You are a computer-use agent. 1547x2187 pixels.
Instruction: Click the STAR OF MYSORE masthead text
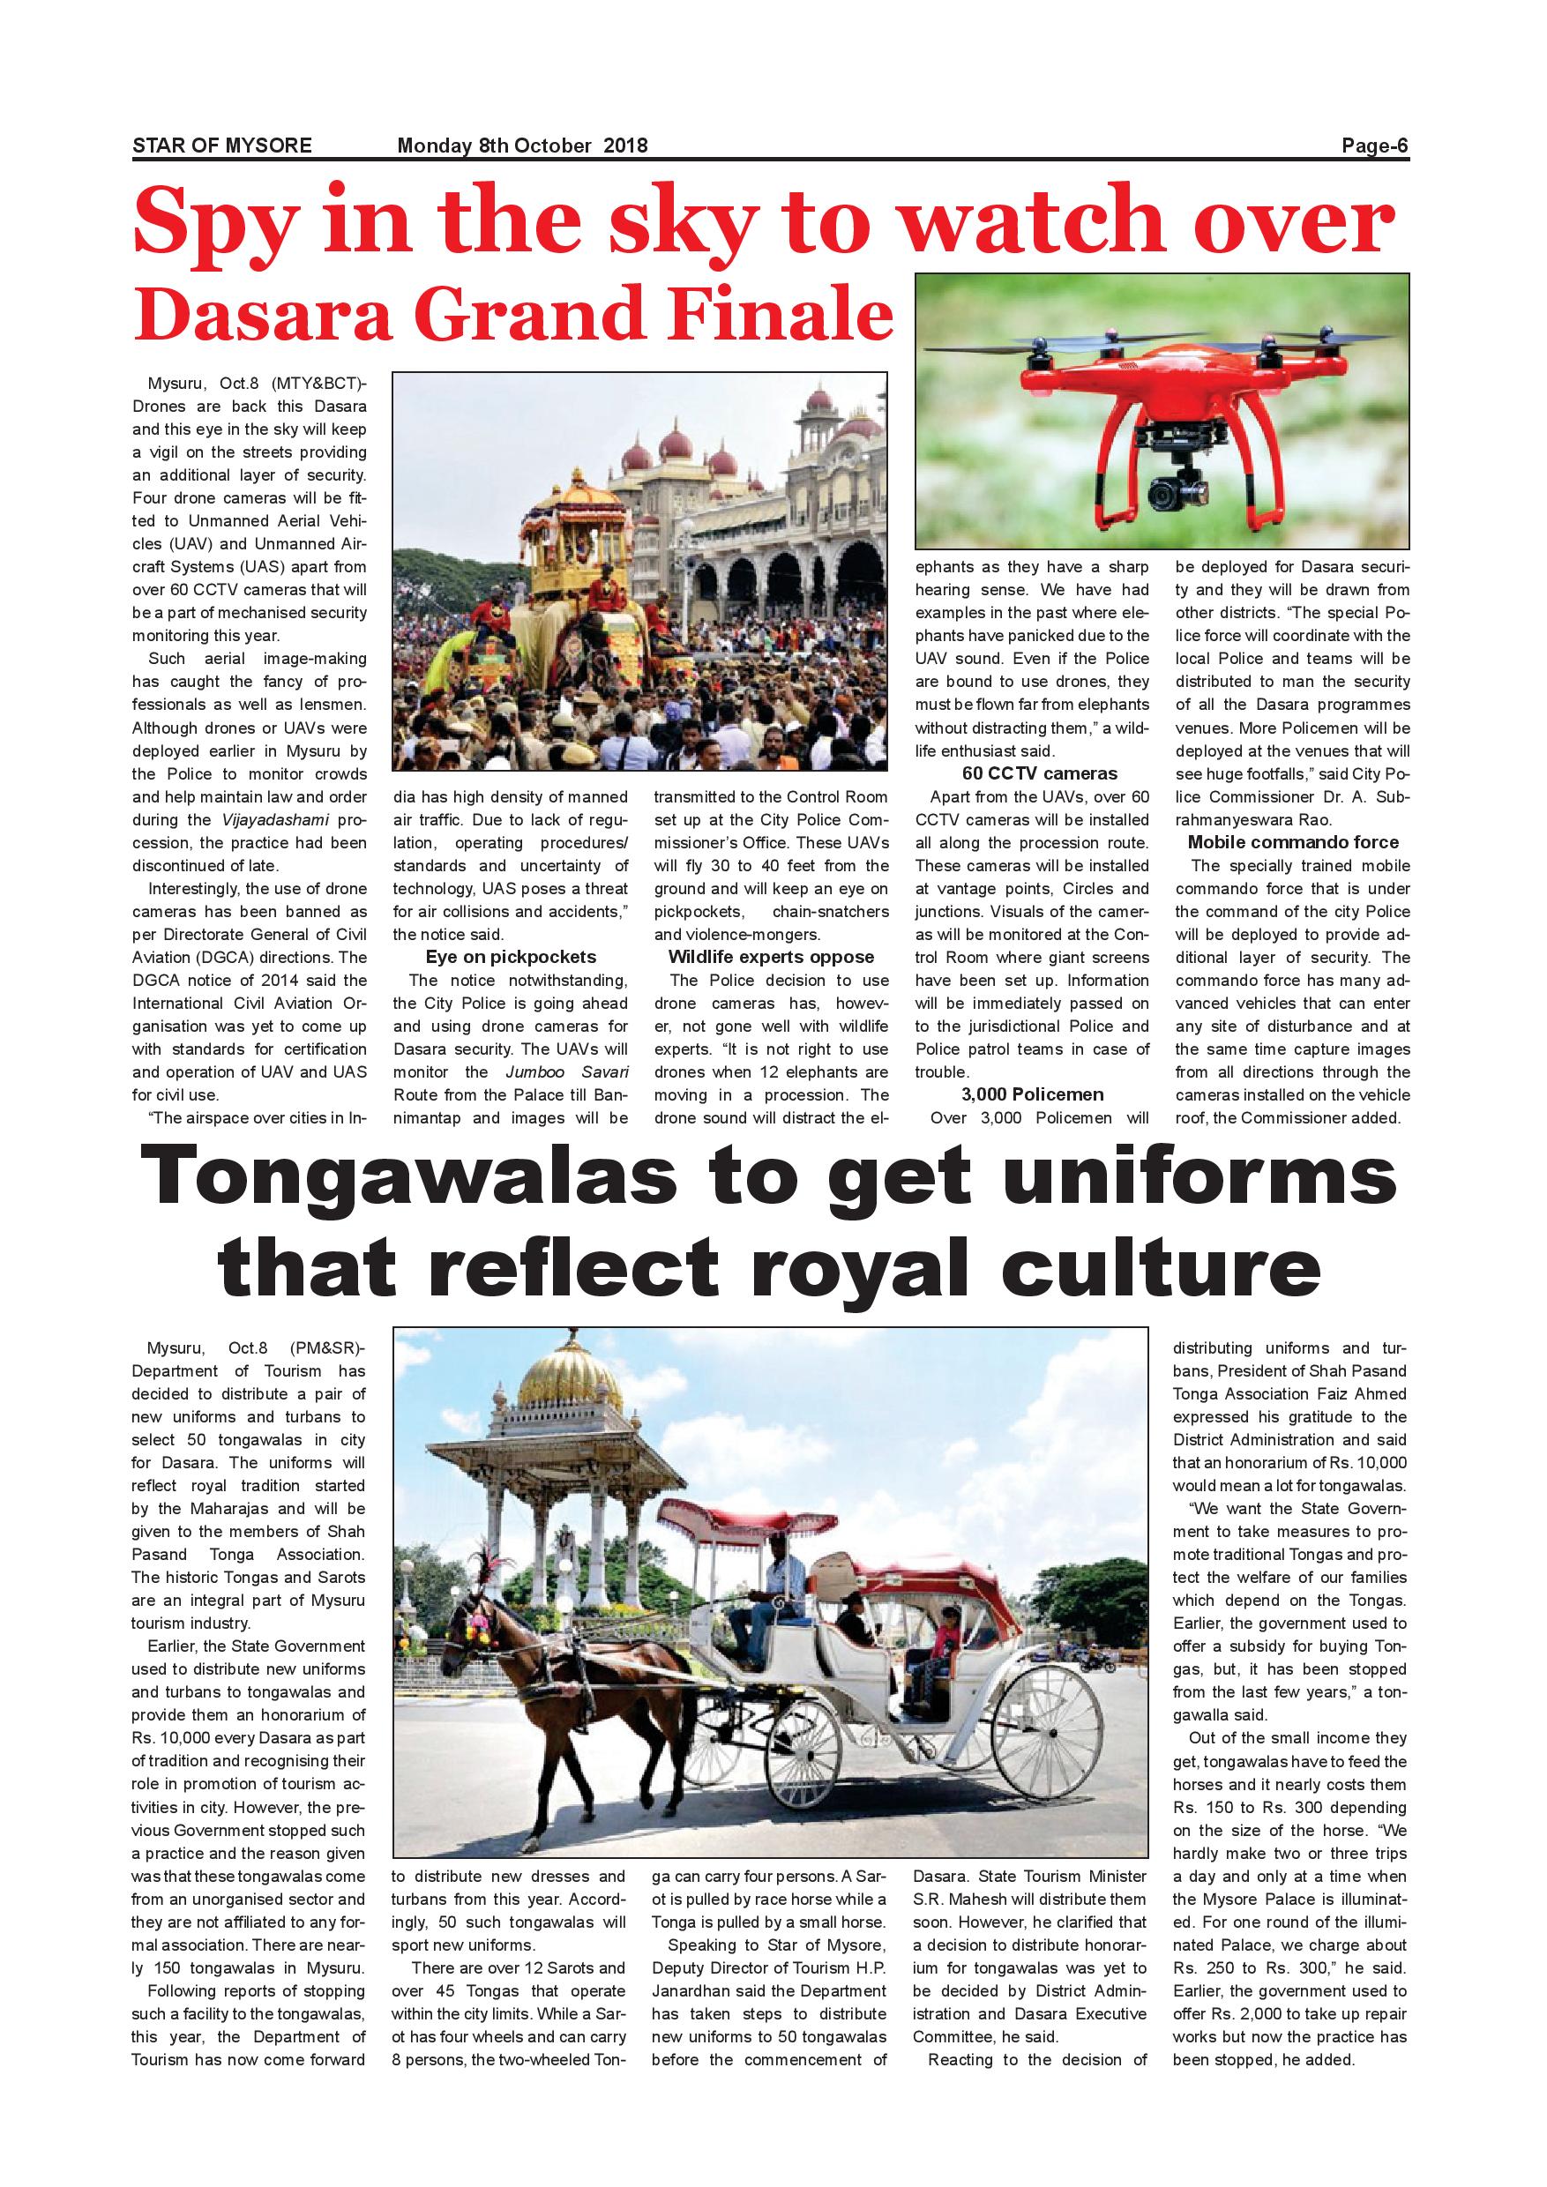[222, 146]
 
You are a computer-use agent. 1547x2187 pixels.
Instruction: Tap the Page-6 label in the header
[1375, 146]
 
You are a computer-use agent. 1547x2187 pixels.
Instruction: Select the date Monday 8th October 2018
[522, 146]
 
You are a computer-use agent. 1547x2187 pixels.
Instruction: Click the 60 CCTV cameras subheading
[1039, 773]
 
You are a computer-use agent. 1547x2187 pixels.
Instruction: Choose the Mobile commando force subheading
[1293, 842]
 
